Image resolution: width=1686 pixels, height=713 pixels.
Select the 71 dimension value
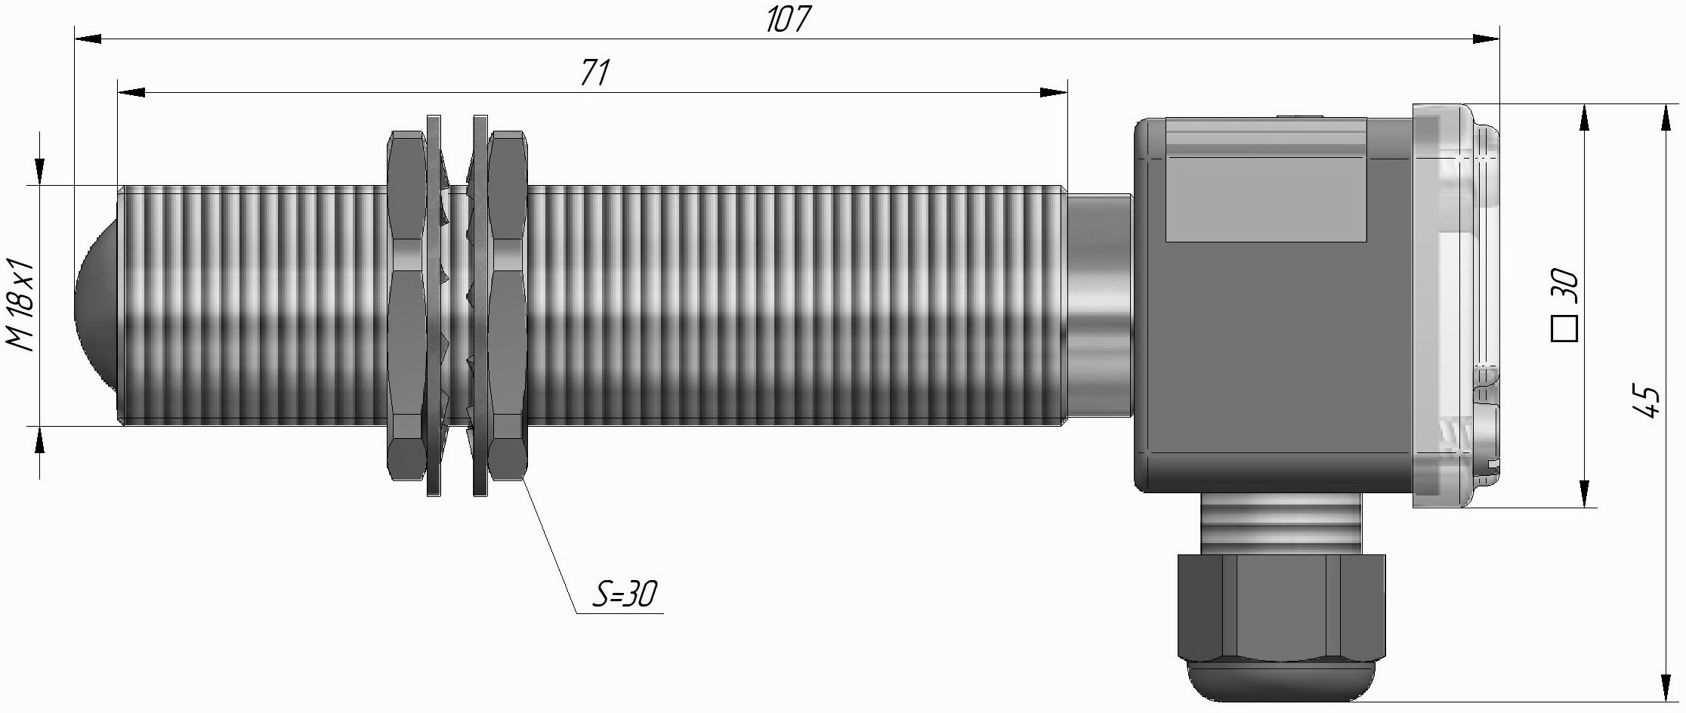click(594, 73)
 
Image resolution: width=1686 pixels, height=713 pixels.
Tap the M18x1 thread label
click(21, 304)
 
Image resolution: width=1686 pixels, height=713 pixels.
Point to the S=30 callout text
click(624, 595)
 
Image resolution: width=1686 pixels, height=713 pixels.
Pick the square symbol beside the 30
click(1564, 329)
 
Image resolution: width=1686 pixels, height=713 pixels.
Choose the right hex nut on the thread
click(507, 305)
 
